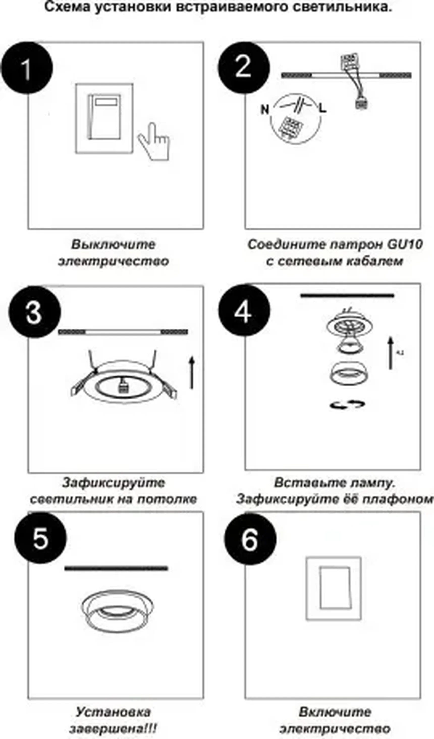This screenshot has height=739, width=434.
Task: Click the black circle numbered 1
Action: click(27, 68)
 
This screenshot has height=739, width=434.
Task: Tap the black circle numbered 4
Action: click(243, 310)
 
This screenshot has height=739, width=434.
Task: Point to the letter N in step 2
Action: click(265, 110)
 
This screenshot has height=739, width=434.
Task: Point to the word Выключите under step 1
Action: click(113, 244)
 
